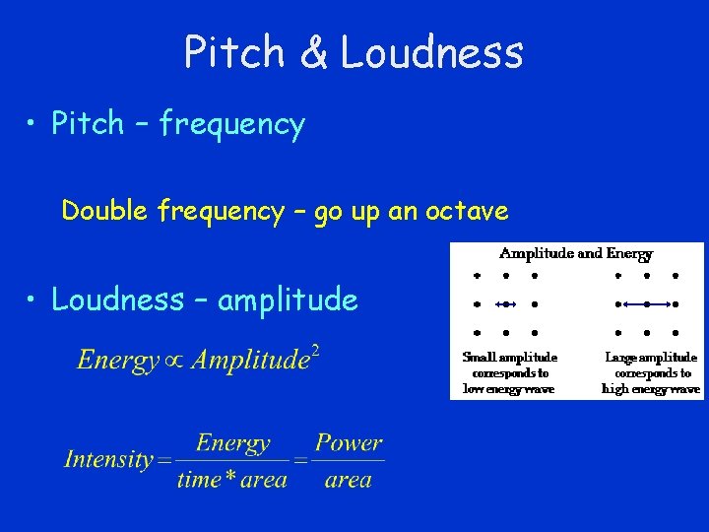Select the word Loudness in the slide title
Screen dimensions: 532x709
click(432, 52)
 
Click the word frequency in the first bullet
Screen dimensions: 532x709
click(232, 125)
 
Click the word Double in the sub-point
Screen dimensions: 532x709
click(104, 211)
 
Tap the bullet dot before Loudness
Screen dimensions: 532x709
click(34, 299)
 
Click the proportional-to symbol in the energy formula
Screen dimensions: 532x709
click(176, 361)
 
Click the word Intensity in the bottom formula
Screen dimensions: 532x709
click(108, 459)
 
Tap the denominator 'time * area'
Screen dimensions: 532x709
click(232, 481)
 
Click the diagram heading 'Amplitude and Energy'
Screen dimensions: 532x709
click(576, 253)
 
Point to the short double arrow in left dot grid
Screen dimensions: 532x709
click(505, 304)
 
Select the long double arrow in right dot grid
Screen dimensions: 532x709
click(647, 304)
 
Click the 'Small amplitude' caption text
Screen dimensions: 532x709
click(509, 358)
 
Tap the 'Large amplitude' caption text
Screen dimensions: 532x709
click(651, 358)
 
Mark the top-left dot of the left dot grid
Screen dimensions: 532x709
click(477, 276)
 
